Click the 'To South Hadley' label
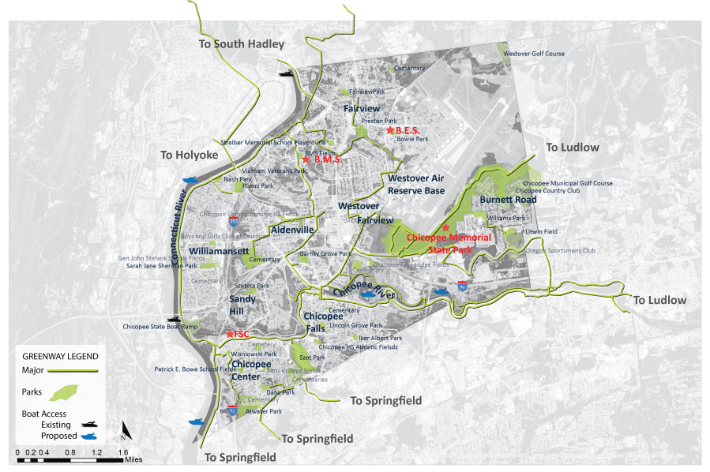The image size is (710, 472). pyautogui.click(x=241, y=44)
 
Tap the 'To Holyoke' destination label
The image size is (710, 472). pyautogui.click(x=189, y=155)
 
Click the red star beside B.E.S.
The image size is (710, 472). pyautogui.click(x=389, y=129)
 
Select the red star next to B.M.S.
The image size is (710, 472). pyautogui.click(x=306, y=159)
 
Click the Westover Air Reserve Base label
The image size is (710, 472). pyautogui.click(x=416, y=185)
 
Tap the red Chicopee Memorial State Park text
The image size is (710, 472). pyautogui.click(x=449, y=242)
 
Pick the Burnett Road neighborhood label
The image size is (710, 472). pyautogui.click(x=508, y=200)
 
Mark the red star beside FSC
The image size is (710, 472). pyautogui.click(x=229, y=334)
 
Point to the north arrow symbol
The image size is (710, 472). pyautogui.click(x=123, y=433)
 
